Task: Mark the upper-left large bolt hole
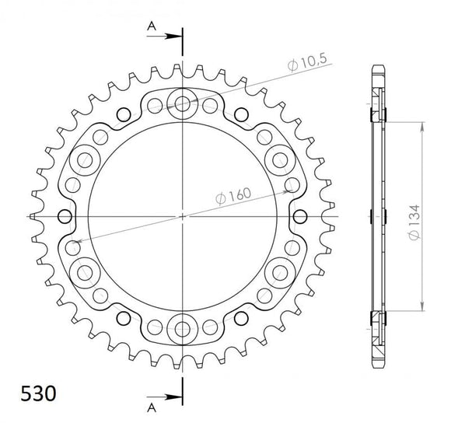point(84,159)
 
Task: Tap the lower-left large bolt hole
point(84,271)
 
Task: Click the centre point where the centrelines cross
point(183,215)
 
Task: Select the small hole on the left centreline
point(65,215)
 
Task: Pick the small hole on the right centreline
point(300,215)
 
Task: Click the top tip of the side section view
point(378,65)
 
